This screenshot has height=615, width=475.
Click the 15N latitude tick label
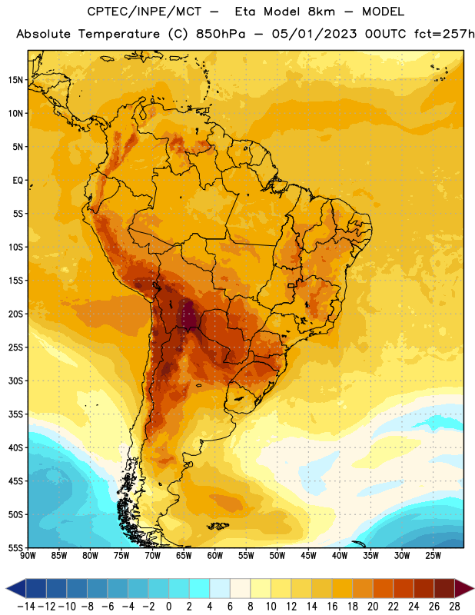pyautogui.click(x=15, y=80)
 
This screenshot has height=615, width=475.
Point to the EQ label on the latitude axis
pyautogui.click(x=18, y=181)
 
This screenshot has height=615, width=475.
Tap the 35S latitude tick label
pyautogui.click(x=15, y=414)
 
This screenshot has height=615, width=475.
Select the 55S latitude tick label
pyautogui.click(x=15, y=547)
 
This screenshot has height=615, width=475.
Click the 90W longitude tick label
pyautogui.click(x=28, y=555)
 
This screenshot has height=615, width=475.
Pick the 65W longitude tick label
pyautogui.click(x=184, y=555)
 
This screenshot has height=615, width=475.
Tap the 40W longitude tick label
pyautogui.click(x=340, y=555)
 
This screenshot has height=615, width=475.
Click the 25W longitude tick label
pyautogui.click(x=433, y=555)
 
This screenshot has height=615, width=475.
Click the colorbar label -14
pyautogui.click(x=26, y=607)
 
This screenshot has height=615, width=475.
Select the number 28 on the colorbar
pyautogui.click(x=454, y=607)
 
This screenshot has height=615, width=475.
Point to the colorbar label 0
pyautogui.click(x=168, y=607)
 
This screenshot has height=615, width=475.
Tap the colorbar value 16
pyautogui.click(x=332, y=607)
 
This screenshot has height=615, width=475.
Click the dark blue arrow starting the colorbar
pyautogui.click(x=16, y=588)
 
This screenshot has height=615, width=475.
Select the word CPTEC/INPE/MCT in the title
pyautogui.click(x=144, y=12)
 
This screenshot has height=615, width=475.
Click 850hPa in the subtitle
pyautogui.click(x=221, y=34)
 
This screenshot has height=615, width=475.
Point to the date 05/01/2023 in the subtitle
pyautogui.click(x=314, y=34)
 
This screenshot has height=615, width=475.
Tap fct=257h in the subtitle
pyautogui.click(x=444, y=34)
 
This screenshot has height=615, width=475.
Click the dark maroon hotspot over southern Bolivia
pyautogui.click(x=188, y=316)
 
